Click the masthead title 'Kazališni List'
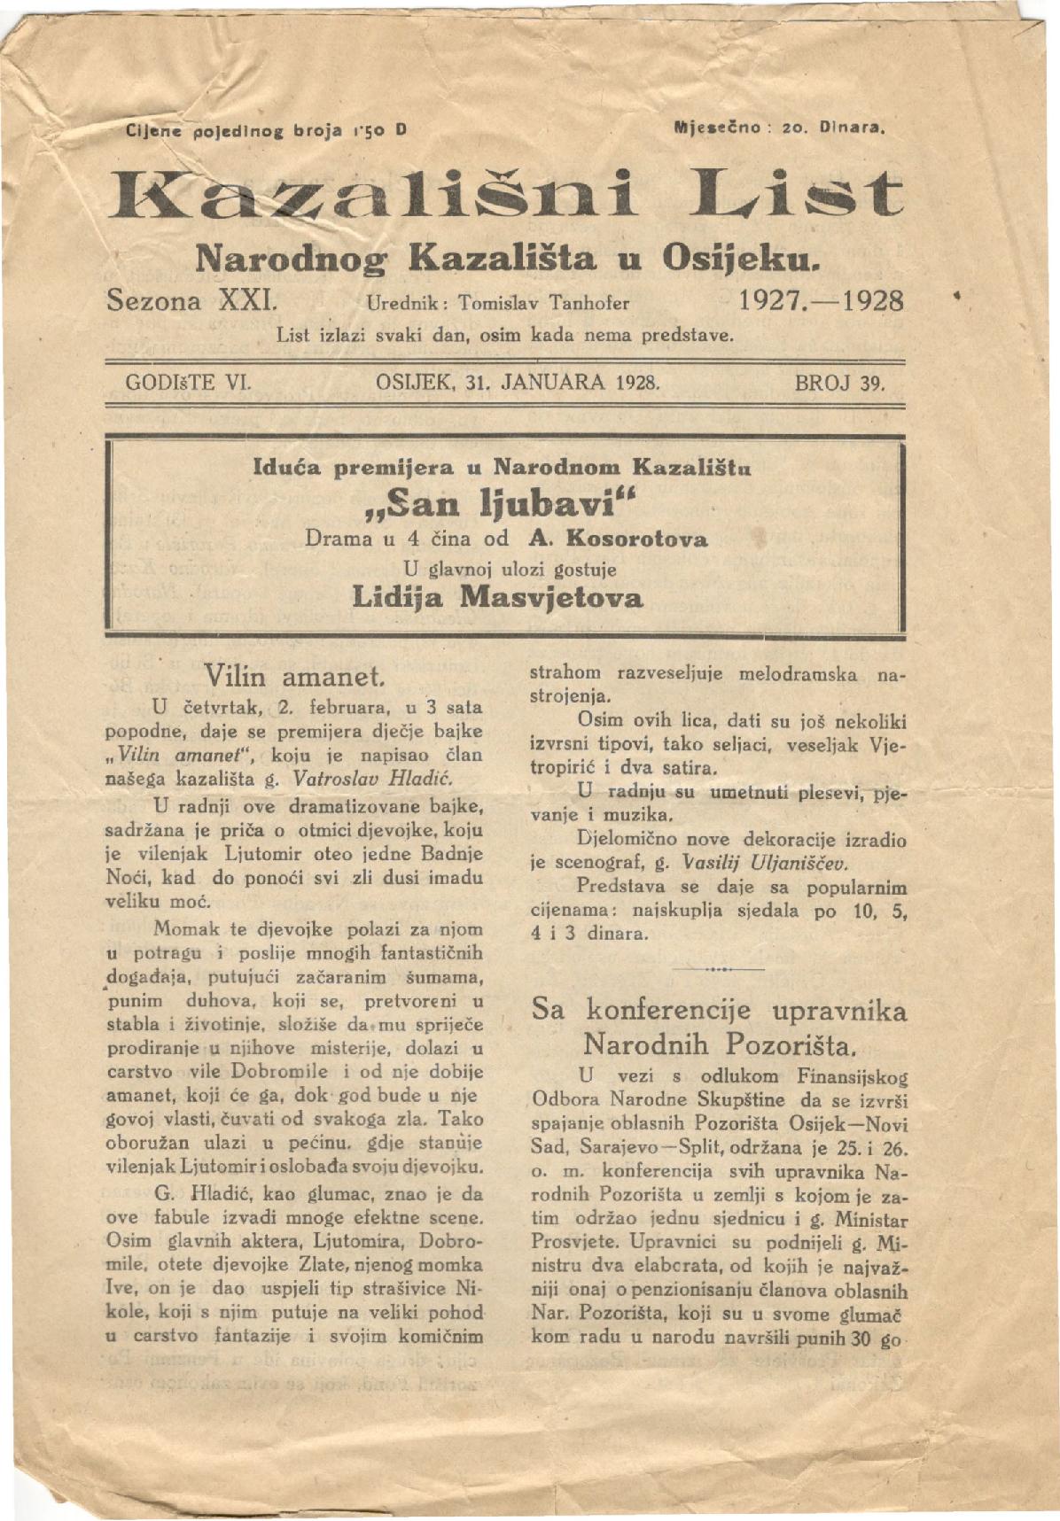(505, 194)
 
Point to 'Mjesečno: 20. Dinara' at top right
(780, 128)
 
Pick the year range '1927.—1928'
(821, 300)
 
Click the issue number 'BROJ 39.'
(839, 383)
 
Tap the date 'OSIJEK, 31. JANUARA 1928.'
(518, 383)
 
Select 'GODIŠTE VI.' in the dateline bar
(190, 383)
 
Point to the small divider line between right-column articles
(718, 969)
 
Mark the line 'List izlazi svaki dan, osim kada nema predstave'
(505, 336)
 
